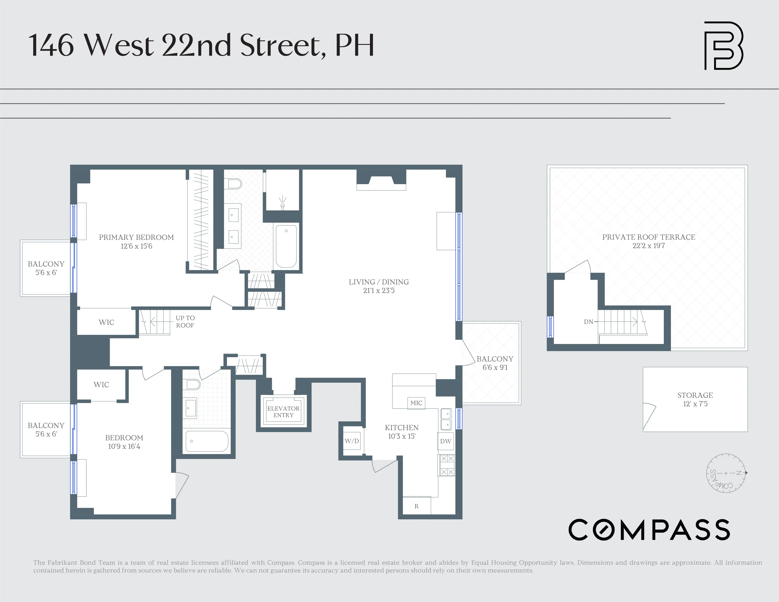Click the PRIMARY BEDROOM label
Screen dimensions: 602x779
[136, 237]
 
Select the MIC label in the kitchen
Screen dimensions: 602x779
[416, 403]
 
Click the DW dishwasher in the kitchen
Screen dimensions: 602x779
[445, 441]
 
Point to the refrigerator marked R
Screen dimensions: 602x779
[416, 506]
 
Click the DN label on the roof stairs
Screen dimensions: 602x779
[588, 322]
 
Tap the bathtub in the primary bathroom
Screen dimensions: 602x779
[286, 246]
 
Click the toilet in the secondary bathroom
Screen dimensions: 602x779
[193, 384]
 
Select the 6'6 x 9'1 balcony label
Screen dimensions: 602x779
[495, 368]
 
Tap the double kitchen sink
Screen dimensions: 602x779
[446, 419]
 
